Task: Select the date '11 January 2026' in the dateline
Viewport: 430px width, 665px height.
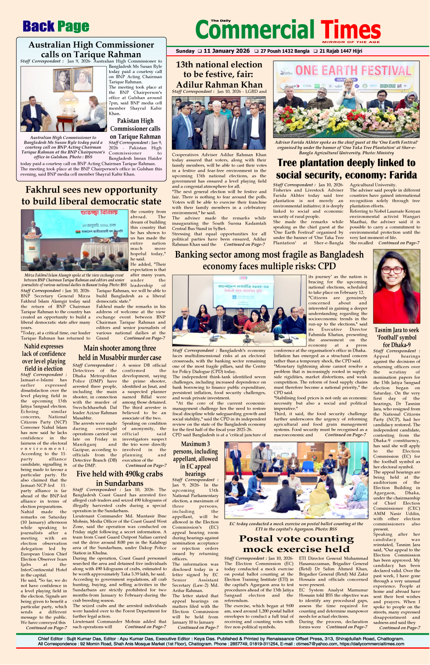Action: (x=226, y=51)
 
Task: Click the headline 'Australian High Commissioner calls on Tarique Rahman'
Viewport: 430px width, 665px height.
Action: (x=91, y=49)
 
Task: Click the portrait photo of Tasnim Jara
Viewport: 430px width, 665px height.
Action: (x=396, y=286)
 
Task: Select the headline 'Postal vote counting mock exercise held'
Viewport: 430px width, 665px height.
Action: (x=296, y=544)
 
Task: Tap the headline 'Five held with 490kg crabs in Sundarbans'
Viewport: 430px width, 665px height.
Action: (x=119, y=478)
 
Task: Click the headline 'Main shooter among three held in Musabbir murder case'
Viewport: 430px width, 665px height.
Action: (x=119, y=352)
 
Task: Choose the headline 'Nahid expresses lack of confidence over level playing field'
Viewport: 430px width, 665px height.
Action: (x=43, y=357)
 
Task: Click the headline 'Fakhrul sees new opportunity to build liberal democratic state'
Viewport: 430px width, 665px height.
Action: (x=91, y=196)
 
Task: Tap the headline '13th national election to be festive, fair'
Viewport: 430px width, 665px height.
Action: (x=219, y=74)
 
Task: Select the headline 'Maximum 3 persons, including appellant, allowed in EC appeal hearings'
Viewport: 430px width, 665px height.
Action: (x=195, y=458)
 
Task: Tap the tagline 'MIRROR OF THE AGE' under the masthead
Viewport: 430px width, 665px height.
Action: (x=351, y=42)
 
